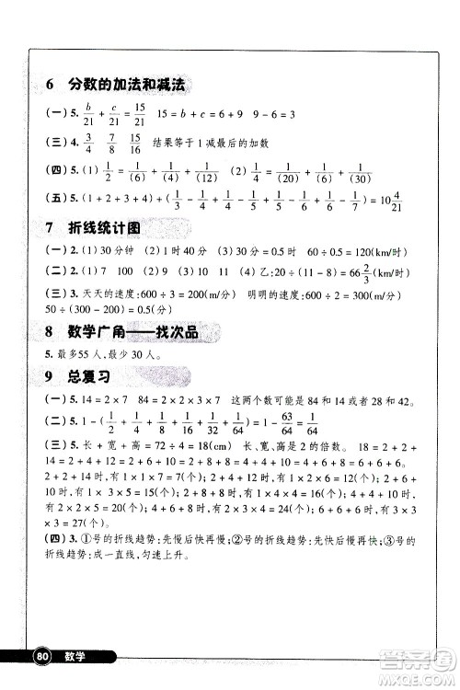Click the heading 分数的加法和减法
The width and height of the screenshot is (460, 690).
[127, 85]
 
